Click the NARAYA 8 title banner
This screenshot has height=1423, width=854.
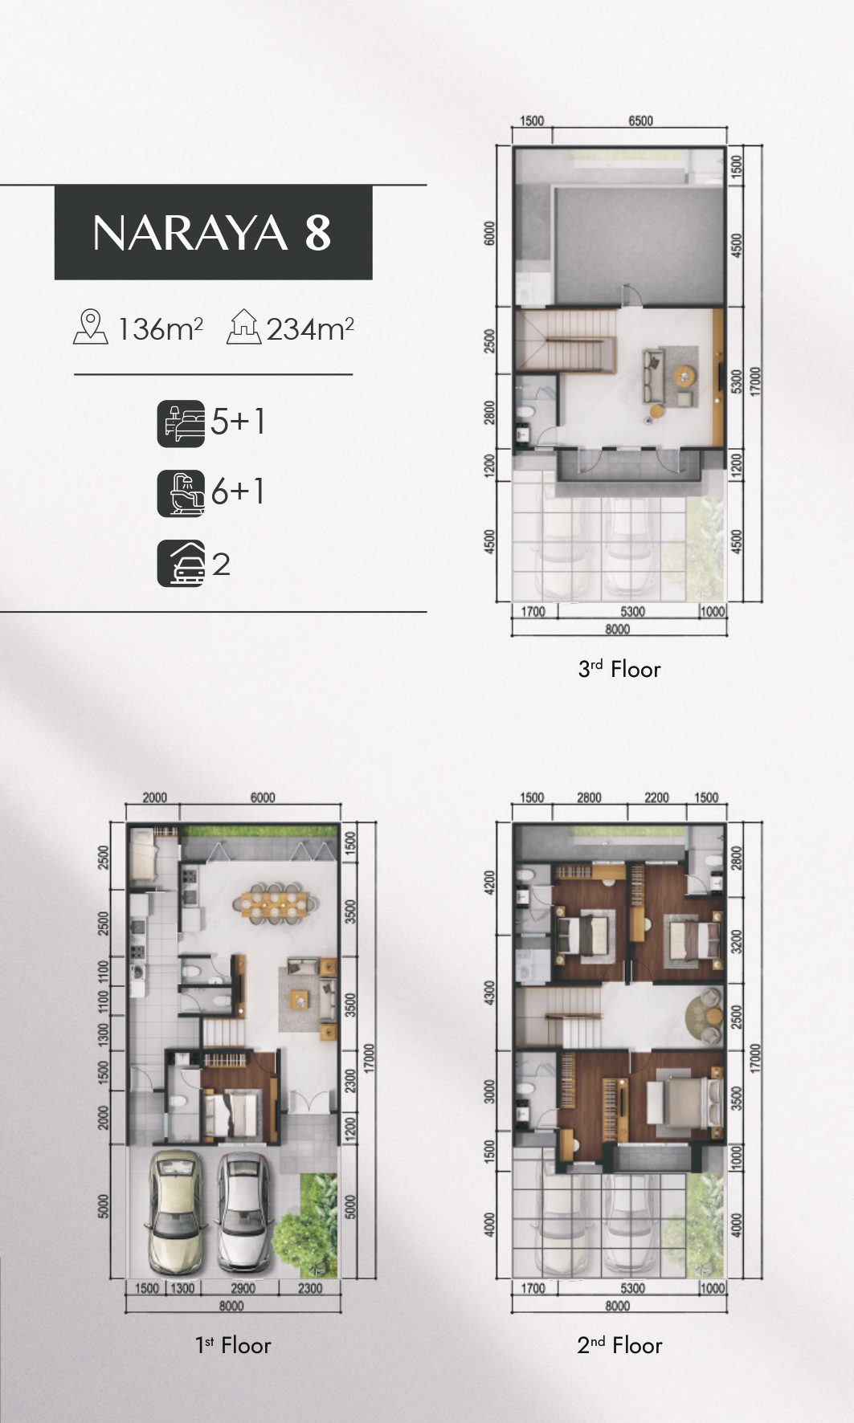click(213, 232)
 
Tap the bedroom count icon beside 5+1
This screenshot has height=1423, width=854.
click(181, 423)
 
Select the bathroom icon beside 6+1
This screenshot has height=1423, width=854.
click(181, 493)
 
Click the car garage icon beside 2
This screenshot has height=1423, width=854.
click(181, 564)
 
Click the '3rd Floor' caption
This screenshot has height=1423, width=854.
click(619, 669)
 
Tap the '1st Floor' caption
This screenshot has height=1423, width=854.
click(233, 1345)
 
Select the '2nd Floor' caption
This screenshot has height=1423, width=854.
click(619, 1345)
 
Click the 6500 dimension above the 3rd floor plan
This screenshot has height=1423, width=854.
click(639, 121)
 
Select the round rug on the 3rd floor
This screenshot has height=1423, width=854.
click(684, 376)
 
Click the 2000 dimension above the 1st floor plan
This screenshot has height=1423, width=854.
click(154, 797)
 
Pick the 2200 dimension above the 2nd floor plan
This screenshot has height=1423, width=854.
click(656, 797)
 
